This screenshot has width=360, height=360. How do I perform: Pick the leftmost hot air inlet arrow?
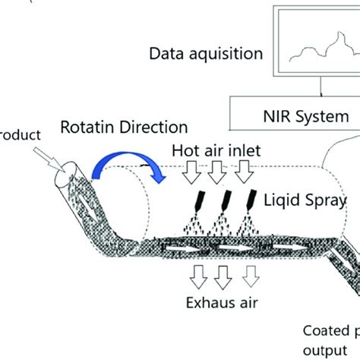coord(189,174)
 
